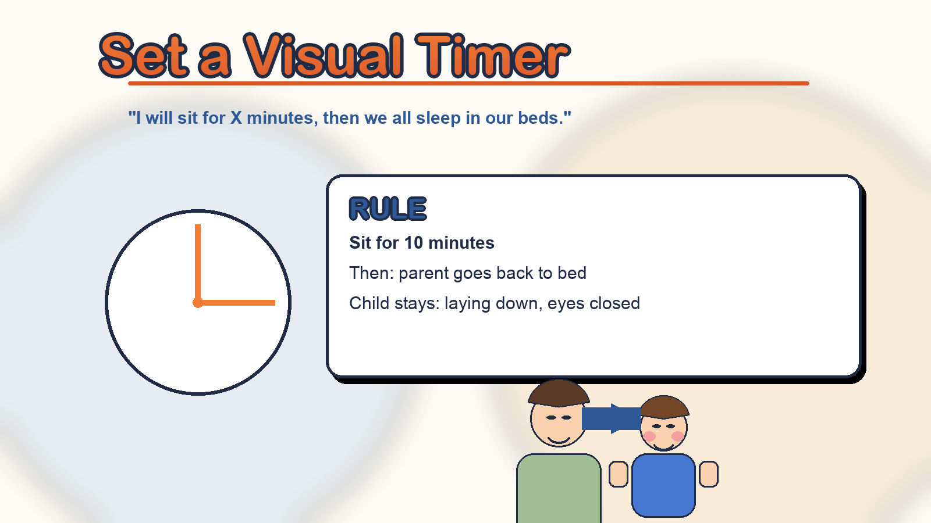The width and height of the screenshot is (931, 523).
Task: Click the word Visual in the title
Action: (x=323, y=56)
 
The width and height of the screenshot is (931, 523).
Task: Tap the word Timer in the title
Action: (x=492, y=56)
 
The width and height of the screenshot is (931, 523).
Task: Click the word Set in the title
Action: (x=144, y=56)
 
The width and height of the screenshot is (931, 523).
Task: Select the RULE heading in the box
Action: (x=388, y=209)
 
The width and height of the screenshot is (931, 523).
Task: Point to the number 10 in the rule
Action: (x=414, y=243)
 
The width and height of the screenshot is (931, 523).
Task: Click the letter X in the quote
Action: (x=236, y=118)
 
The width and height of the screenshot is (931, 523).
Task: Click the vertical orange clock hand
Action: (x=198, y=264)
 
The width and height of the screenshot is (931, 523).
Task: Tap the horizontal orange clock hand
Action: (x=236, y=303)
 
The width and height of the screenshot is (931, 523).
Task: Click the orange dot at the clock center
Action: (x=198, y=303)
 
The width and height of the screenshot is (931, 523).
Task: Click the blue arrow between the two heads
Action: (x=611, y=419)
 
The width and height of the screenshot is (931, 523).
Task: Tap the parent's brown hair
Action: (x=559, y=393)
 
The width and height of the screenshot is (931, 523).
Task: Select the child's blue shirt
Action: (x=663, y=485)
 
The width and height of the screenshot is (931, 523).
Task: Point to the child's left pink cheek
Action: (x=649, y=436)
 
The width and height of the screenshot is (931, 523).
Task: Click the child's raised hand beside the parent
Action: (x=619, y=474)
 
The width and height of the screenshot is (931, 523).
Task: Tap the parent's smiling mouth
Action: (x=559, y=439)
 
